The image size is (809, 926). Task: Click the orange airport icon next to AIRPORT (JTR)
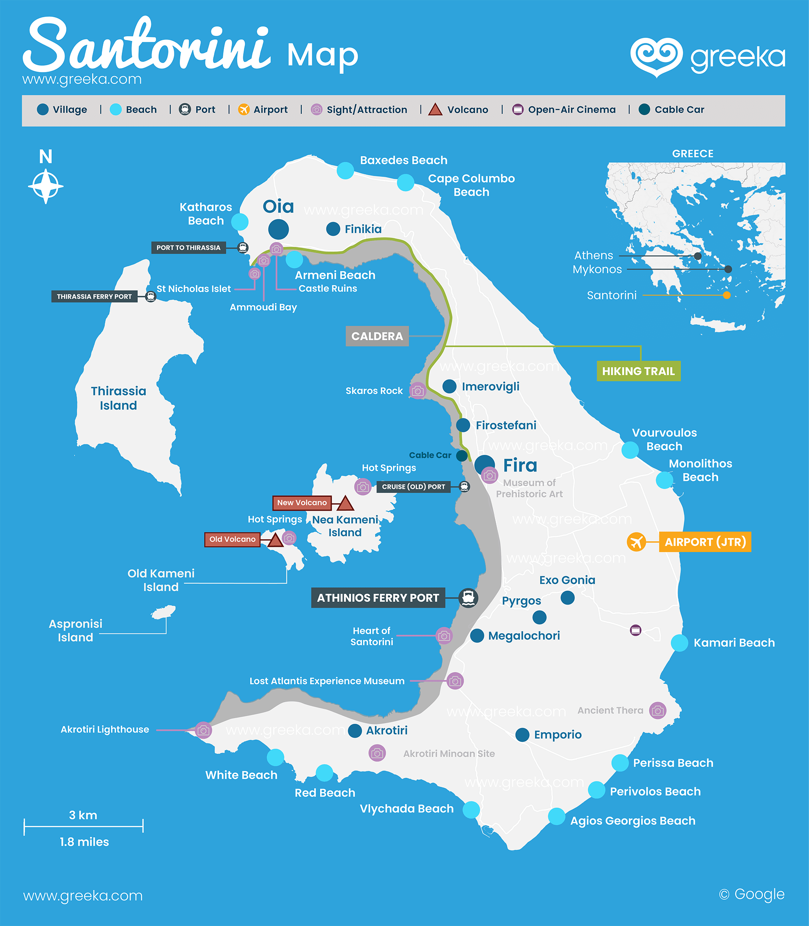click(x=636, y=541)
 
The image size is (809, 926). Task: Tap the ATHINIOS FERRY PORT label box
click(x=378, y=597)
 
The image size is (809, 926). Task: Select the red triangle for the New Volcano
click(x=346, y=503)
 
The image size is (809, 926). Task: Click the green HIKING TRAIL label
click(x=638, y=371)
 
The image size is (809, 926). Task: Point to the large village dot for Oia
click(x=278, y=229)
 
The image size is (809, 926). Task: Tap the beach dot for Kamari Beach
click(x=679, y=642)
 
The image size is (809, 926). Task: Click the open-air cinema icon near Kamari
click(x=635, y=630)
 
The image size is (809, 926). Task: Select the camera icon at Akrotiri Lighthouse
click(x=203, y=730)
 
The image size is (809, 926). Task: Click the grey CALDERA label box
click(x=377, y=336)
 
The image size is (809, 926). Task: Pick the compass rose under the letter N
click(x=46, y=186)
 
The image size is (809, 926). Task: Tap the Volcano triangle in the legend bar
click(x=435, y=110)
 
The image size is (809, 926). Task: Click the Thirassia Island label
click(x=118, y=398)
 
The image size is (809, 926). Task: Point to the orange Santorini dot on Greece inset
click(x=726, y=295)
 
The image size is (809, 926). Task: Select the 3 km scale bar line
click(x=83, y=826)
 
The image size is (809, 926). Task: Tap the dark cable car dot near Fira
click(x=461, y=455)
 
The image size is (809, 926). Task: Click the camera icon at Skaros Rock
click(x=418, y=391)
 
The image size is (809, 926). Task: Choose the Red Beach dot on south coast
click(x=324, y=773)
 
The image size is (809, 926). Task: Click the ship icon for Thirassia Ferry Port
click(x=151, y=297)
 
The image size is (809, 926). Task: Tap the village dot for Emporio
click(x=522, y=735)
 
